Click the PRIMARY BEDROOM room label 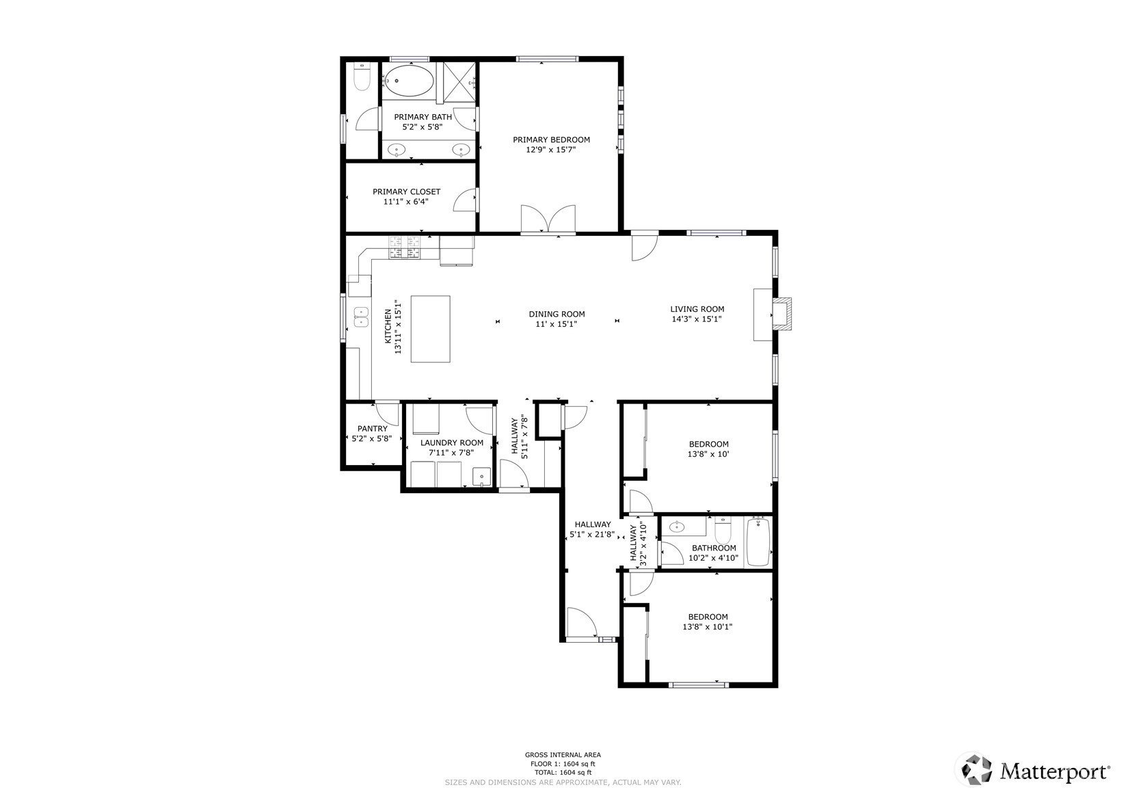click(x=551, y=140)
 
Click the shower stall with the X click(x=459, y=80)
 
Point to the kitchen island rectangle click(x=430, y=329)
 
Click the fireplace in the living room click(x=781, y=314)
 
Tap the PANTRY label click(x=373, y=428)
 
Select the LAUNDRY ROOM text click(x=452, y=442)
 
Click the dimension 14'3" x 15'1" click(x=697, y=319)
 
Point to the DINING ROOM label click(x=557, y=315)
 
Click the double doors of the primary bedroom click(x=548, y=219)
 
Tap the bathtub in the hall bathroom click(x=759, y=542)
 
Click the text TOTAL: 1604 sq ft click(x=563, y=772)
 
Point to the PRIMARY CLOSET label click(x=406, y=191)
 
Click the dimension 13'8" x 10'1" click(x=708, y=627)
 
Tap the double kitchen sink click(x=362, y=317)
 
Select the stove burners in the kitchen click(x=403, y=248)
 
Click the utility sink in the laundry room click(x=481, y=477)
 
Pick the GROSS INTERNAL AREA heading click(x=563, y=755)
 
